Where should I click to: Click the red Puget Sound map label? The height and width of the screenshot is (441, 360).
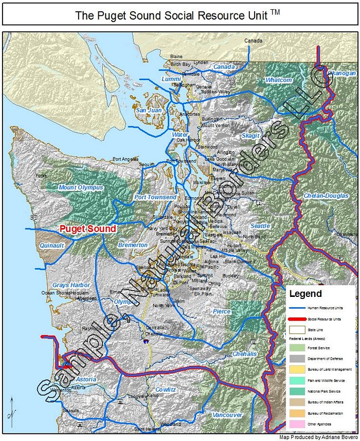(x=88, y=228)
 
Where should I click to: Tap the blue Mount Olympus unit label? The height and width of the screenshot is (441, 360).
(x=81, y=187)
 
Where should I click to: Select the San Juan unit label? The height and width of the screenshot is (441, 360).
(x=149, y=110)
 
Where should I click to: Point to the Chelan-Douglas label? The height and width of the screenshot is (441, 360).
(x=326, y=196)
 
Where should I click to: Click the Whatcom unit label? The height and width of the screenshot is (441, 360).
(x=279, y=80)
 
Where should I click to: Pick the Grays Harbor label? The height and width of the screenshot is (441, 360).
(x=71, y=285)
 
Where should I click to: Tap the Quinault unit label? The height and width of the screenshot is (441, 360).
(x=52, y=245)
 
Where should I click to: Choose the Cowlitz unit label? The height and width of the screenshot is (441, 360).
(x=166, y=390)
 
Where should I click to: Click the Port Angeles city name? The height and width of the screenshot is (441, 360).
(x=125, y=159)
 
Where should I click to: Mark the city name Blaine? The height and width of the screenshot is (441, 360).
(x=176, y=57)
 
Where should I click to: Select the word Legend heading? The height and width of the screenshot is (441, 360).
(x=305, y=294)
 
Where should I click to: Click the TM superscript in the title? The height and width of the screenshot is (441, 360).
(x=275, y=12)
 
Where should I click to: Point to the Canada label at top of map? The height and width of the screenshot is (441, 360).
(x=253, y=41)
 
